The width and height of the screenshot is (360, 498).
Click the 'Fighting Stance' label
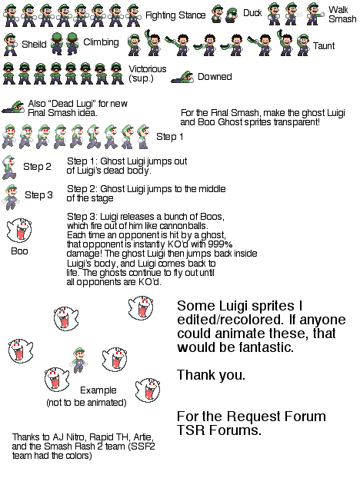175,15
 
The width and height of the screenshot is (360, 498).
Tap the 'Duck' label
252,13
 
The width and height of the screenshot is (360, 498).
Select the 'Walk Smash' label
342,15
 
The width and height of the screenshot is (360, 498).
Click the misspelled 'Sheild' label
34,44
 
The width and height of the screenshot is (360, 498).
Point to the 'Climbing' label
101,42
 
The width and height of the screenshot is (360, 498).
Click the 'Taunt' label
324,46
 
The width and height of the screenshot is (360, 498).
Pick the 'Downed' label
215,77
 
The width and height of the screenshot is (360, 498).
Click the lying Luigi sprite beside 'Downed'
182,77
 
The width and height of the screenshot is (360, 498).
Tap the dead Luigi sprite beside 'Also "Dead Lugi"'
13,108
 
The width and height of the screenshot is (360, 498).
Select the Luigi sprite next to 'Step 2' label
9,168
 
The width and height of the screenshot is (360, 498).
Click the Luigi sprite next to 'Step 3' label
11,197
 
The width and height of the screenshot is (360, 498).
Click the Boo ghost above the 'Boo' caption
19,231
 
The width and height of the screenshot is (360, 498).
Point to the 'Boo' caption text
19,251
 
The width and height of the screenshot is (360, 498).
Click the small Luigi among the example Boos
78,360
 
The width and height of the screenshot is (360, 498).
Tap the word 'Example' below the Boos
98,390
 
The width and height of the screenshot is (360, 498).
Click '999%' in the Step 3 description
221,244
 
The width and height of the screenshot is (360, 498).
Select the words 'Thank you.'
212,375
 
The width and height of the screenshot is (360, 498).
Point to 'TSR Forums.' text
219,430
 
